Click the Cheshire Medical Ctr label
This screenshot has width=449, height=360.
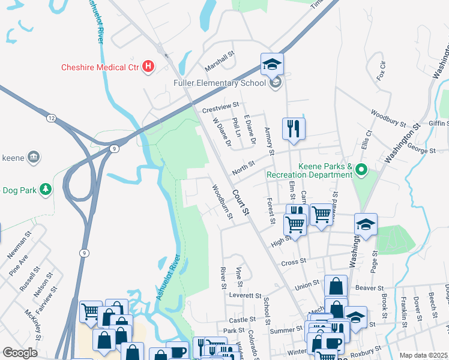100,67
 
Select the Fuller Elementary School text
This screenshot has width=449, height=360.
219,83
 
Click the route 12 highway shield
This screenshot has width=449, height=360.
52,119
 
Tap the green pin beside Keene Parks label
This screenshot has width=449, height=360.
361,170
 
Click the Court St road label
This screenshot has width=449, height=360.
241,203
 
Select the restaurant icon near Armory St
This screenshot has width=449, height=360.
294,130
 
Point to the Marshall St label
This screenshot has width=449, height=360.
219,59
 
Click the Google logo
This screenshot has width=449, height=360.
20,353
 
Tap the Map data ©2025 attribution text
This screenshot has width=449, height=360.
423,355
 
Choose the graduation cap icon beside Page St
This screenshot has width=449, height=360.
366,224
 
